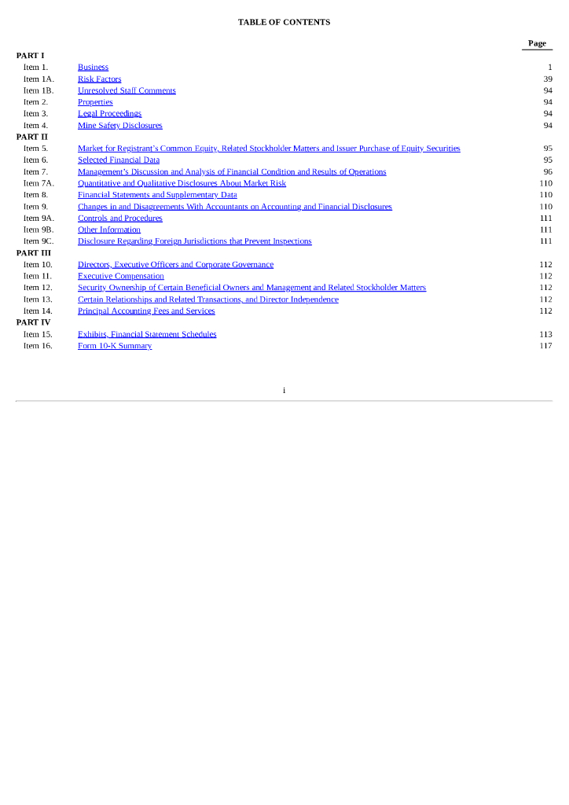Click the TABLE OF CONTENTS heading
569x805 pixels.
(x=284, y=22)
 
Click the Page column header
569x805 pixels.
(x=537, y=43)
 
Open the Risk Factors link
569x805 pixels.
(x=99, y=79)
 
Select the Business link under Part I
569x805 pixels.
(x=93, y=68)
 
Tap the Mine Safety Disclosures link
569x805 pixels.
(x=119, y=125)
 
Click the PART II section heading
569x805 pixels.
(x=32, y=137)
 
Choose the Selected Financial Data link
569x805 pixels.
(x=118, y=160)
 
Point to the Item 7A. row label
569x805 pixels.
(x=39, y=183)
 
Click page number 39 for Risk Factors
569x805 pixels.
(x=547, y=79)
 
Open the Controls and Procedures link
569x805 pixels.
(x=119, y=218)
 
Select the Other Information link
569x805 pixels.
(x=108, y=230)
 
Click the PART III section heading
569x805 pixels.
(x=34, y=253)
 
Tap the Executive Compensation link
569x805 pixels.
(x=120, y=276)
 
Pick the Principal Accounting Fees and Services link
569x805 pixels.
(x=145, y=311)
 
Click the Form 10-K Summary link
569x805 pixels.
(x=114, y=346)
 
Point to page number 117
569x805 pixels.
(x=545, y=346)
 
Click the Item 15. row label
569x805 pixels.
(x=38, y=334)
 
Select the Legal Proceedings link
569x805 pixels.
(x=109, y=114)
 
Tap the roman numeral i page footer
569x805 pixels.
(x=284, y=390)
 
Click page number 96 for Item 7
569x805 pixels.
(x=547, y=171)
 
